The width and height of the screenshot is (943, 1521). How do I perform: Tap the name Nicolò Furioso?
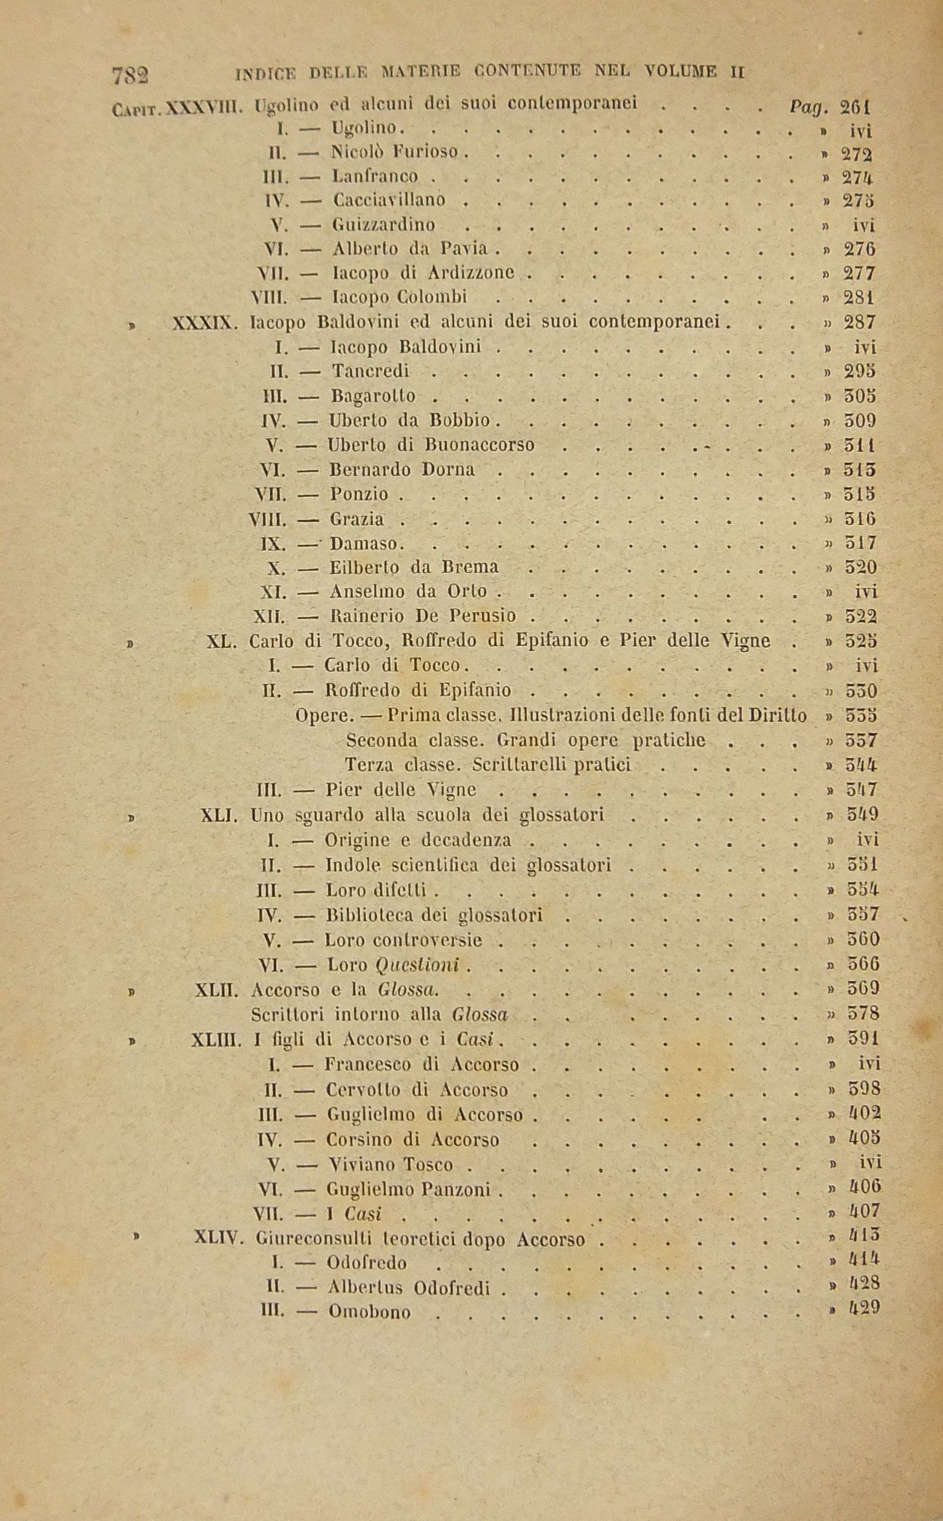[x=395, y=152]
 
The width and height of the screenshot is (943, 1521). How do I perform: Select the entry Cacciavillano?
[x=389, y=200]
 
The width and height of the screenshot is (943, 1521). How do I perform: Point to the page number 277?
[x=859, y=273]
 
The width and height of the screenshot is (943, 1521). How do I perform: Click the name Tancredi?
[x=371, y=371]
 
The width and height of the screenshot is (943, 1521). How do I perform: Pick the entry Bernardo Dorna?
[x=402, y=469]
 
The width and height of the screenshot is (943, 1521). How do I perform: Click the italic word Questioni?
[x=418, y=965]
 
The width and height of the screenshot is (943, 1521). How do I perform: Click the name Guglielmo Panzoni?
[x=409, y=1190]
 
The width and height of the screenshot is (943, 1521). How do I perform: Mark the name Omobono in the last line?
[x=369, y=1312]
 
